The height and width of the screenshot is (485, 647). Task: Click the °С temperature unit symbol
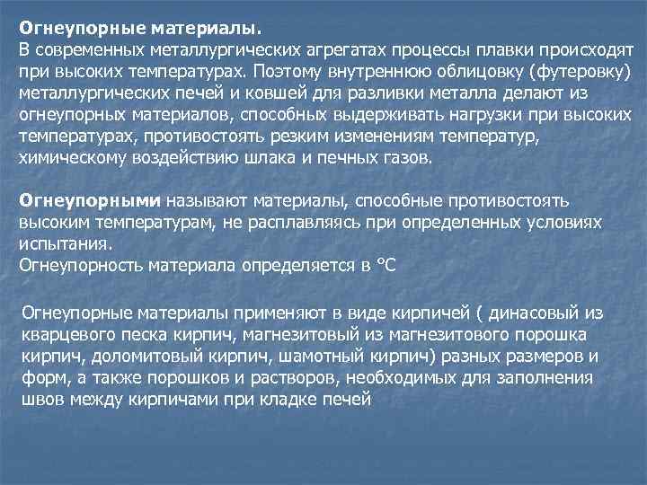(384, 264)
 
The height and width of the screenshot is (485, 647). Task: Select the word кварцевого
(62, 334)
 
